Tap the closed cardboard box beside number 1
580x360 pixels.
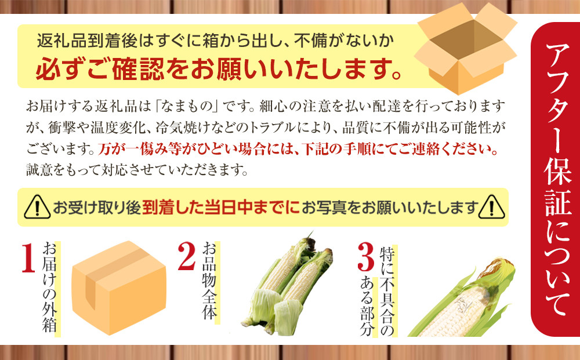pos(119,287)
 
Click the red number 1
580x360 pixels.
pos(28,259)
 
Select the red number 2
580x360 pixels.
pos(187,256)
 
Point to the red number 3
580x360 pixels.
pos(365,256)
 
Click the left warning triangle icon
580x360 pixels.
pos(37,207)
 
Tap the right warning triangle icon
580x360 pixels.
pos(492,207)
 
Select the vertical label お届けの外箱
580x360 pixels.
pos(50,288)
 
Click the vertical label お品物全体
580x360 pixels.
pos(209,282)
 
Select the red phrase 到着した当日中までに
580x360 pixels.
pos(221,208)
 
